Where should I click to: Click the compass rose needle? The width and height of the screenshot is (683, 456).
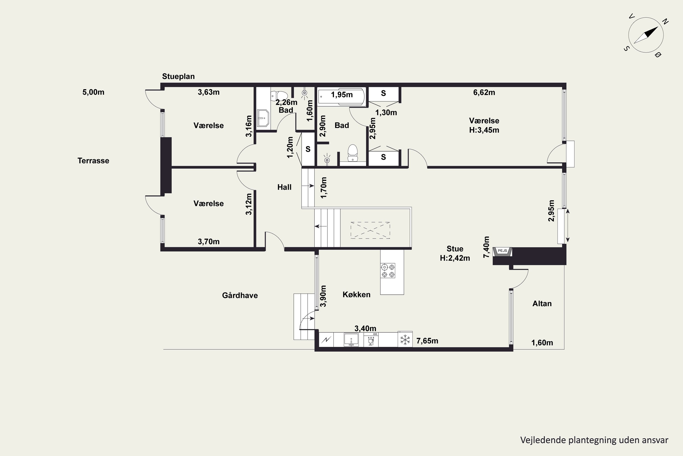[x=646, y=35]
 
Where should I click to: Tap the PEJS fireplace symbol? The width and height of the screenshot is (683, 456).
[x=502, y=251]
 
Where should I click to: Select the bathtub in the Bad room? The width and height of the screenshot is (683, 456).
[x=341, y=96]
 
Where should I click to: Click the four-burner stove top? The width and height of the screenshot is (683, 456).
[x=388, y=270]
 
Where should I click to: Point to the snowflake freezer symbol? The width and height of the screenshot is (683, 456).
[x=405, y=339]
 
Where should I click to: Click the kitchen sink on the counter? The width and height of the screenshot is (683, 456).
[x=351, y=340]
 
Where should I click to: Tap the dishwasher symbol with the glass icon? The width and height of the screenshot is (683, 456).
[x=371, y=340]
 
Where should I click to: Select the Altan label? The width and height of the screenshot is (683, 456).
[x=542, y=304]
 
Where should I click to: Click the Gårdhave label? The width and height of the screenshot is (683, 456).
[x=240, y=295]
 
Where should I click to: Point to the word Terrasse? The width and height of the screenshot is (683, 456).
[x=93, y=161]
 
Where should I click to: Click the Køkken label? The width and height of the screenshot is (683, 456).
[x=356, y=295]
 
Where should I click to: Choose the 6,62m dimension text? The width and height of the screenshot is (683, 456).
[x=484, y=93]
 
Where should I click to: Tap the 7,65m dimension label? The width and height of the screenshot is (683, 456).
[x=427, y=341]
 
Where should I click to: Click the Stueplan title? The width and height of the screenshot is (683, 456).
[x=178, y=76]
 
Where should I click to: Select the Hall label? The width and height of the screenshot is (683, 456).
[x=284, y=187]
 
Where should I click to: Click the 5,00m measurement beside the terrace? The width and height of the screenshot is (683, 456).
[x=93, y=92]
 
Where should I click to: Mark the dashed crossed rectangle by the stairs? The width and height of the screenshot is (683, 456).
[x=370, y=230]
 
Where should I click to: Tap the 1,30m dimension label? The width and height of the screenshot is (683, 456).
[x=386, y=113]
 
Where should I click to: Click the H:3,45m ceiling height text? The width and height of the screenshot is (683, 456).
[x=484, y=130]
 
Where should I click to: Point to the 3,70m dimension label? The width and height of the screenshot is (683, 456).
[x=209, y=242]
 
